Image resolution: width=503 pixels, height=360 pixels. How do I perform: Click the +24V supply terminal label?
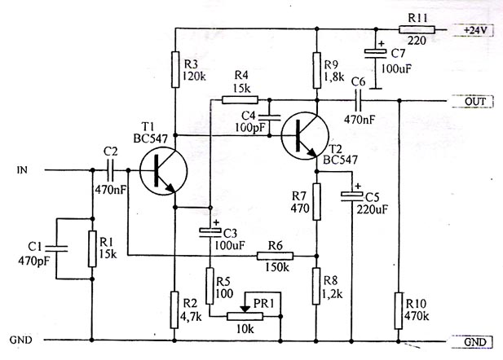pos(475,30)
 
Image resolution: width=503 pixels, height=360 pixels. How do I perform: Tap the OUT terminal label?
pos(475,102)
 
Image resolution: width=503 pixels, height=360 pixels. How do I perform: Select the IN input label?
pos(22,170)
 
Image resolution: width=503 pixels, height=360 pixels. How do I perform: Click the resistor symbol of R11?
pos(417,30)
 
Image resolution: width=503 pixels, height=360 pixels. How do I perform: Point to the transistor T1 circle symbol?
pos(164,170)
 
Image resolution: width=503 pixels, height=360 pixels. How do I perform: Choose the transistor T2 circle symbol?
pos(305,135)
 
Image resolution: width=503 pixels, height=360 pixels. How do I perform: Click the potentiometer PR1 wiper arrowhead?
pos(245,309)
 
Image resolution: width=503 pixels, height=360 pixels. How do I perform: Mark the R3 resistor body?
pos(175,69)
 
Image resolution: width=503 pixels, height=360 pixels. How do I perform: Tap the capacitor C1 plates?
pos(56,248)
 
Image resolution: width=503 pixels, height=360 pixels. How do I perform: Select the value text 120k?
pos(194,77)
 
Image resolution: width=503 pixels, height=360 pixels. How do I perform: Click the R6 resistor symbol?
pos(276,256)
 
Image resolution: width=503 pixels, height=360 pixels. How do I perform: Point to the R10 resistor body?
pos(399,310)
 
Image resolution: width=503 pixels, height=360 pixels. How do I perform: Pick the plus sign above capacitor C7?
pos(381,43)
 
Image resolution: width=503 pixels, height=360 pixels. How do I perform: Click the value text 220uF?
pos(372,209)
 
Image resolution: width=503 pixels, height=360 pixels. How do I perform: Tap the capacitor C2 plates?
pos(111,170)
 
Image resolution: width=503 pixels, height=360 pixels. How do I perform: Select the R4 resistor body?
pos(240,100)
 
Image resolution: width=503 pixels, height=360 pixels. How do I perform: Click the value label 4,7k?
pos(191,317)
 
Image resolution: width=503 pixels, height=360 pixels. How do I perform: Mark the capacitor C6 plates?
pos(358,101)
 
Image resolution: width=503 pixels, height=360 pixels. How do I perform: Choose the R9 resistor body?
pos(317,70)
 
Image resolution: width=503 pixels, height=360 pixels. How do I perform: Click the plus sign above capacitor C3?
pos(216,222)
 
